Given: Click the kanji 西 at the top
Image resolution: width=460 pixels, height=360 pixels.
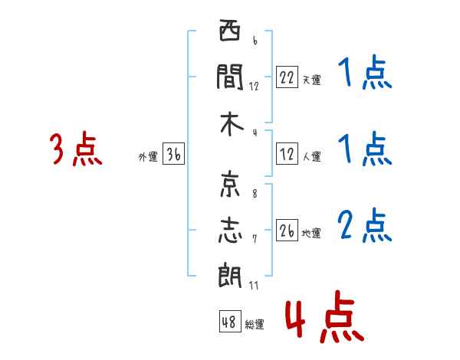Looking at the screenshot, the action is [230, 30].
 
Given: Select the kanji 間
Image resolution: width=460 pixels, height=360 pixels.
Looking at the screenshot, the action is [230, 77].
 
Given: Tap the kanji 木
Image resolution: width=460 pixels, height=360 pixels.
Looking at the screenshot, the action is [232, 124].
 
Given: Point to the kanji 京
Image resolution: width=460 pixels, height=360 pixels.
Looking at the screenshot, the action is [230, 184].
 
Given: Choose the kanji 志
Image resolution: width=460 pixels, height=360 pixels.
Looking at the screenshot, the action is [230, 230].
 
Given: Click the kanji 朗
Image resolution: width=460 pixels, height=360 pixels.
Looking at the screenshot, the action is [230, 275].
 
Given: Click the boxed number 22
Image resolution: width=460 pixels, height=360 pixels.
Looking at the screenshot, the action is [287, 77].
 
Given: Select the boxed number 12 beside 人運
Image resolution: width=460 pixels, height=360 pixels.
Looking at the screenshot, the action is [287, 154].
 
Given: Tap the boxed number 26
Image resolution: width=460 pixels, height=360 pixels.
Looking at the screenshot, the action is [287, 230].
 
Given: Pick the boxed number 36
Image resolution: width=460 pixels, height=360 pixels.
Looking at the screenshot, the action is [174, 154].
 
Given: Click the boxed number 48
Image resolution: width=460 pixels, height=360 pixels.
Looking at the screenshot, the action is [230, 321].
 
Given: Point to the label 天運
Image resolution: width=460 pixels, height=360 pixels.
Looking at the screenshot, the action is [312, 80].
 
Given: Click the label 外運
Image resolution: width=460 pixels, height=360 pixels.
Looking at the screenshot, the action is [148, 157].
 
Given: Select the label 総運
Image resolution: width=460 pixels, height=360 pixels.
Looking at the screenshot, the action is [255, 325].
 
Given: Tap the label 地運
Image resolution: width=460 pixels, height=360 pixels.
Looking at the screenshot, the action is [311, 234].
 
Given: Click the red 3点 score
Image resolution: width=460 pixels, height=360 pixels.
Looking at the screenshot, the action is [76, 149].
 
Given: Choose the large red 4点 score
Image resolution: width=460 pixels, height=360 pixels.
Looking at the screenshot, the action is [325, 316].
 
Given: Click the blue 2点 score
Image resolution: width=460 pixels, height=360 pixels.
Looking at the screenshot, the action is [365, 225].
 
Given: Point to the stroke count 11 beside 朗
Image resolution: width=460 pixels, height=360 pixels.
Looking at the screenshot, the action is [254, 285].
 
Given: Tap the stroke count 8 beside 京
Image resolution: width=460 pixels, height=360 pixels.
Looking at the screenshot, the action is [255, 194].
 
